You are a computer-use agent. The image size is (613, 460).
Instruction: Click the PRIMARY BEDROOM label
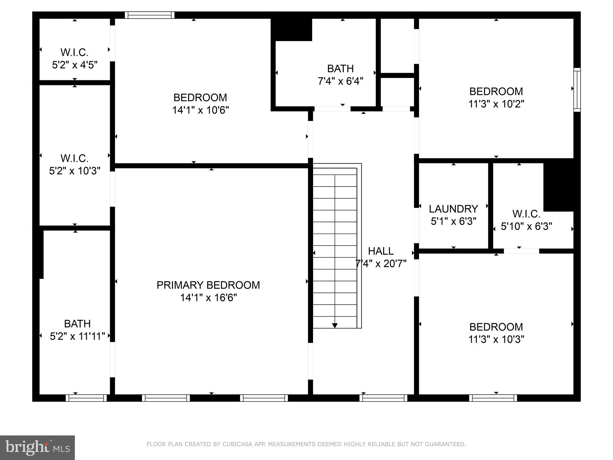[x=208, y=285]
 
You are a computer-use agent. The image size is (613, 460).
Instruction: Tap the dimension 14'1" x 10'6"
[x=200, y=110]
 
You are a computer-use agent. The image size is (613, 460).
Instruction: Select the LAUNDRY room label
[x=453, y=209]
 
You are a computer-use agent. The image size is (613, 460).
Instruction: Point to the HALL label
[x=380, y=251]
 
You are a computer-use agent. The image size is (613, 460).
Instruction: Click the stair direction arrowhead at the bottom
[x=335, y=325]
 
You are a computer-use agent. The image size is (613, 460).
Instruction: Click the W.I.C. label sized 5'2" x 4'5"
[x=75, y=52]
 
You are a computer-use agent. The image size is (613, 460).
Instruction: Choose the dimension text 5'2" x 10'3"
[x=75, y=171]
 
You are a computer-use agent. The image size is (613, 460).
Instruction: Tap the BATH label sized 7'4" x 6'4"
[x=340, y=69]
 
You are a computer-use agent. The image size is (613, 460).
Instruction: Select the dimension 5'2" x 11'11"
[x=77, y=336]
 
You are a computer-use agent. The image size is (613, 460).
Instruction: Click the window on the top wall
[x=149, y=15]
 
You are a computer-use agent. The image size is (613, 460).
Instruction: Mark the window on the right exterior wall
[x=577, y=90]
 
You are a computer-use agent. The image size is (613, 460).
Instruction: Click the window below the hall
[x=383, y=398]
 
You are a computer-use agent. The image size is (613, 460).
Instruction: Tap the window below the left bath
[x=86, y=398]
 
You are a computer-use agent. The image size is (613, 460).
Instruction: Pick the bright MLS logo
[x=37, y=447]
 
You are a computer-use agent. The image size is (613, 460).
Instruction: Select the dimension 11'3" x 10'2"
[x=496, y=104]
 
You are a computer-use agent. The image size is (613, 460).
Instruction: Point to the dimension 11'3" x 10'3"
[x=496, y=339]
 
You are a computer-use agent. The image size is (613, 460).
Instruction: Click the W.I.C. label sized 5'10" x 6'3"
[x=526, y=214]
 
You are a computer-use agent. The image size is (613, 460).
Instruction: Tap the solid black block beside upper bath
[x=291, y=29]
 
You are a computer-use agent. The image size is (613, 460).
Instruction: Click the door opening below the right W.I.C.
[x=521, y=251]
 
